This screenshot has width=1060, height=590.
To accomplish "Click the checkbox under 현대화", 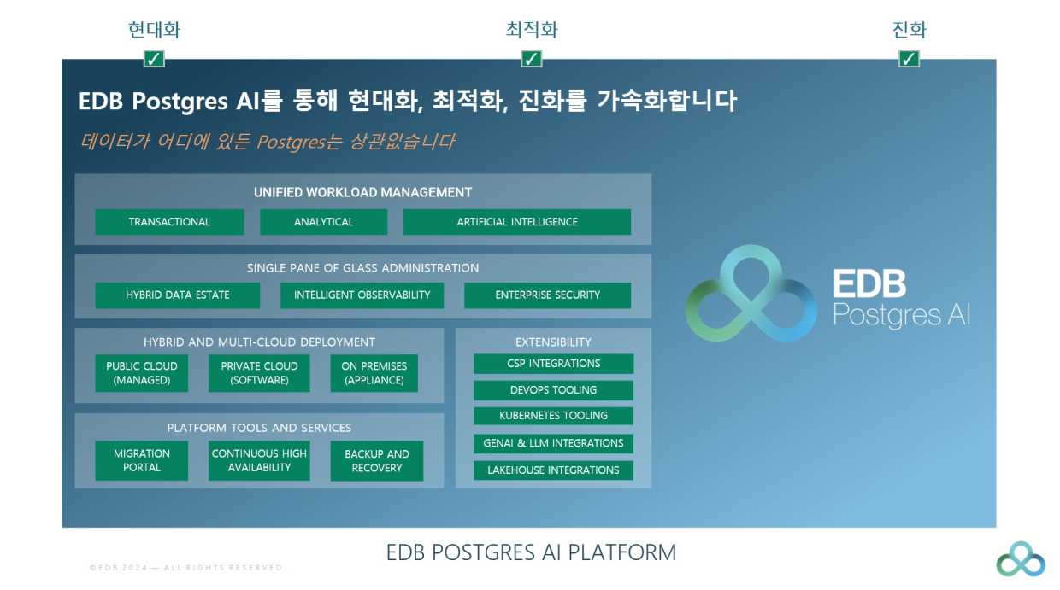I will tap(154, 59).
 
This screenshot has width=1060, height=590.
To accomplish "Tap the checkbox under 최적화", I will tap(532, 59).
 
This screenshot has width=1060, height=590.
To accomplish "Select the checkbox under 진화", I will tap(909, 59).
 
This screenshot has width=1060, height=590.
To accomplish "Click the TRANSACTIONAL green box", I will tap(169, 222).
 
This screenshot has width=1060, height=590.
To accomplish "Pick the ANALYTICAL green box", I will tap(323, 222).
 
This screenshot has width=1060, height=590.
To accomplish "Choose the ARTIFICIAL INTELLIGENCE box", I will tap(517, 222).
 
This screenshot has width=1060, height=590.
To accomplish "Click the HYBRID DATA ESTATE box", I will tap(178, 295).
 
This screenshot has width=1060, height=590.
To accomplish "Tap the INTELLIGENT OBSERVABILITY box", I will tap(362, 295).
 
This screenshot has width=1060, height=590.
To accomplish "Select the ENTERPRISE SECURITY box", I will tap(547, 295).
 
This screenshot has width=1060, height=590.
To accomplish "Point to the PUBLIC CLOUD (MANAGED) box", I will tap(142, 373).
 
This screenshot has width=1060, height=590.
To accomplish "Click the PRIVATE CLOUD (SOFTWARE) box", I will tap(259, 373).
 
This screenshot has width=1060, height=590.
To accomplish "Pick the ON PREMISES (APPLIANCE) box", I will tap(374, 373).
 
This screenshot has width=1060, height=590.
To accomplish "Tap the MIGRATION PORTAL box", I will tap(142, 461).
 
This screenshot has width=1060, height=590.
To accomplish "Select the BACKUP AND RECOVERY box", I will tap(376, 461).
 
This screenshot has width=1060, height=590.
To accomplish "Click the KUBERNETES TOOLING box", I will tap(553, 416).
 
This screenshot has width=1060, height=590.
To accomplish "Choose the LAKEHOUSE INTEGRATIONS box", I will tap(553, 470).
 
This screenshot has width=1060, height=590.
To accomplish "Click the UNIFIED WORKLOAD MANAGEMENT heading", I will tap(362, 193).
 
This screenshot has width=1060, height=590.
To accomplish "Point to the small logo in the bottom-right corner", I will tap(1021, 559).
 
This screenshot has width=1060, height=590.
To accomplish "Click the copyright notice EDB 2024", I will tap(186, 568).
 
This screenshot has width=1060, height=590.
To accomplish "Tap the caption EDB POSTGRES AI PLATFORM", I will tap(531, 552).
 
